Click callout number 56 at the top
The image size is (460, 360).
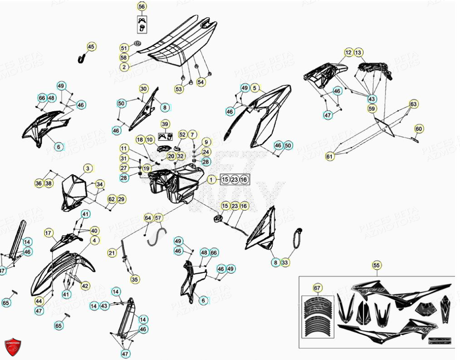point(142,6)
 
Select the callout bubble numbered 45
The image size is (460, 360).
point(91,46)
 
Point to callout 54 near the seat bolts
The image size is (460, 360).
point(201,82)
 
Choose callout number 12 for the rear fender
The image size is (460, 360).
point(348,53)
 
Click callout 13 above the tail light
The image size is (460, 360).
point(358,53)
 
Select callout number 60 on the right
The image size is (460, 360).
point(419,129)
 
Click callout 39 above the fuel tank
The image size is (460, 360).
point(165,124)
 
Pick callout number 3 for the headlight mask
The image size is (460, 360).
point(87,168)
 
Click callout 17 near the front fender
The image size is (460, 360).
point(49,233)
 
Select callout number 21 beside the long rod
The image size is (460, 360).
point(112,252)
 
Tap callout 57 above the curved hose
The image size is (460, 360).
point(158,218)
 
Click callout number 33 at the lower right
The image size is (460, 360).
point(285,262)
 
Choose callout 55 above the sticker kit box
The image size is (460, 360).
point(376,265)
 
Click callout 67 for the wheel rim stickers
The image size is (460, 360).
point(317,288)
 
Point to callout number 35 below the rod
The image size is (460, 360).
point(135,280)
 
